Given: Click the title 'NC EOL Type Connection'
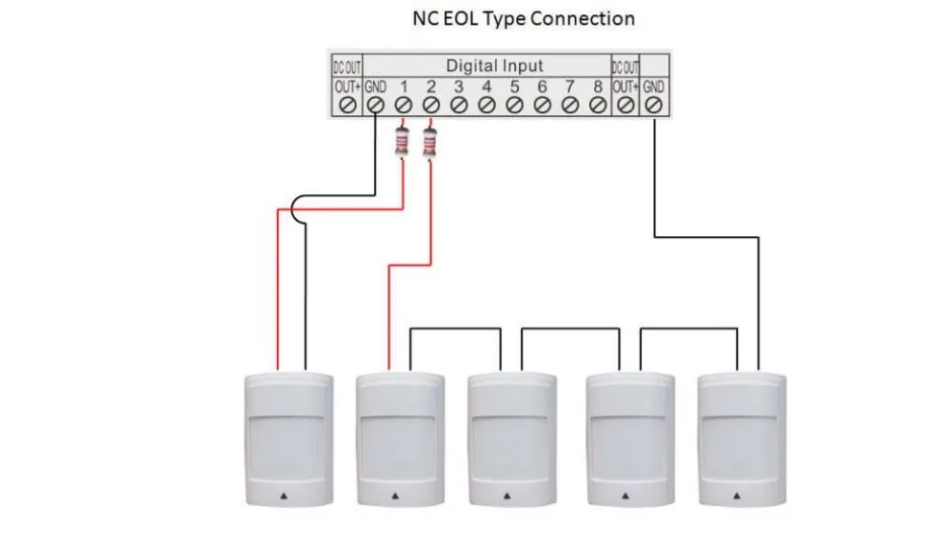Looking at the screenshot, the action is (524, 19).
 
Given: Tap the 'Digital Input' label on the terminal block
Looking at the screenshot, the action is (494, 66).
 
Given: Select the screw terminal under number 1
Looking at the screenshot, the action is (403, 105).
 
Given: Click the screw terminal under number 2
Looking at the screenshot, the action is (431, 105).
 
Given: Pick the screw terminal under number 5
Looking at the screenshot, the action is (514, 105).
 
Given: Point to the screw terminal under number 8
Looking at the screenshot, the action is (598, 105).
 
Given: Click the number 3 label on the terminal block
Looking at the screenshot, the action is (459, 87).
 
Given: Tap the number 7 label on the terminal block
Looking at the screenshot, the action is (569, 87).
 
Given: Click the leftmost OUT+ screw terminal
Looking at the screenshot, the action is (347, 105).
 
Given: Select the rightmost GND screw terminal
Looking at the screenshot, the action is (653, 105).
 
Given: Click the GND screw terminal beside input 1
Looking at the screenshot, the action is (375, 105).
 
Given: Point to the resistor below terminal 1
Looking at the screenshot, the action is (402, 141).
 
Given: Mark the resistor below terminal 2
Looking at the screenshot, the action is (430, 141).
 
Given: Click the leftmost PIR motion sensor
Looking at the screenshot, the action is (289, 440).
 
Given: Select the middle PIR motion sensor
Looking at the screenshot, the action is (512, 440).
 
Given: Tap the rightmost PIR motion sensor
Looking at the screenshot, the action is (742, 440).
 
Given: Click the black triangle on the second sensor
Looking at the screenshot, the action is (395, 496).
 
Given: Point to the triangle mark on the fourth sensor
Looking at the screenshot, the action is (625, 496).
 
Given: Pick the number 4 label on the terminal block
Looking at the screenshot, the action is (486, 87).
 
